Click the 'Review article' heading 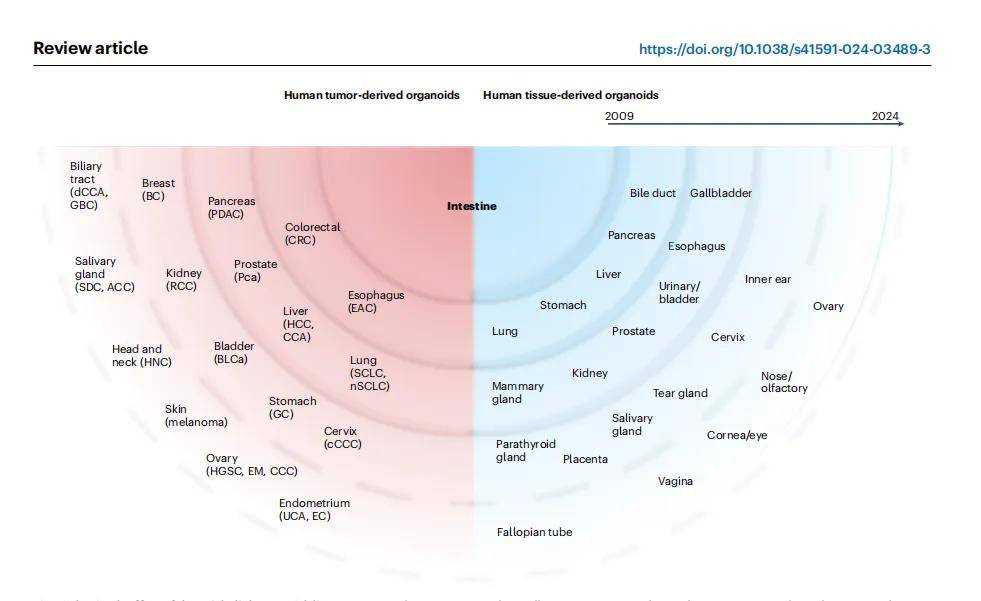coord(90,48)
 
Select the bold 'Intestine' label coord(471,206)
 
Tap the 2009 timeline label coord(619,116)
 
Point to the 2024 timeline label coord(885,116)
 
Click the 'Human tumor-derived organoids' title coord(371,95)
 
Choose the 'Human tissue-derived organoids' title coord(570,95)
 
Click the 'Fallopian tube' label coord(534,532)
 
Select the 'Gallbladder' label coord(720,193)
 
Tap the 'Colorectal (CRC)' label coord(312,233)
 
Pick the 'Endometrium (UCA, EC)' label coord(314,509)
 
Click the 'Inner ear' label coord(767,279)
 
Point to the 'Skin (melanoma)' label coord(196,415)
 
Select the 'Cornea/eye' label coord(737,435)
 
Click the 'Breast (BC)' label coord(158,189)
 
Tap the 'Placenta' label coord(585,459)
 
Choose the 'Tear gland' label coord(680,393)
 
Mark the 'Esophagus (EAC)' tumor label coord(376,301)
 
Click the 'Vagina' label coord(675,481)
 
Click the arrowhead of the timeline coord(900,123)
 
